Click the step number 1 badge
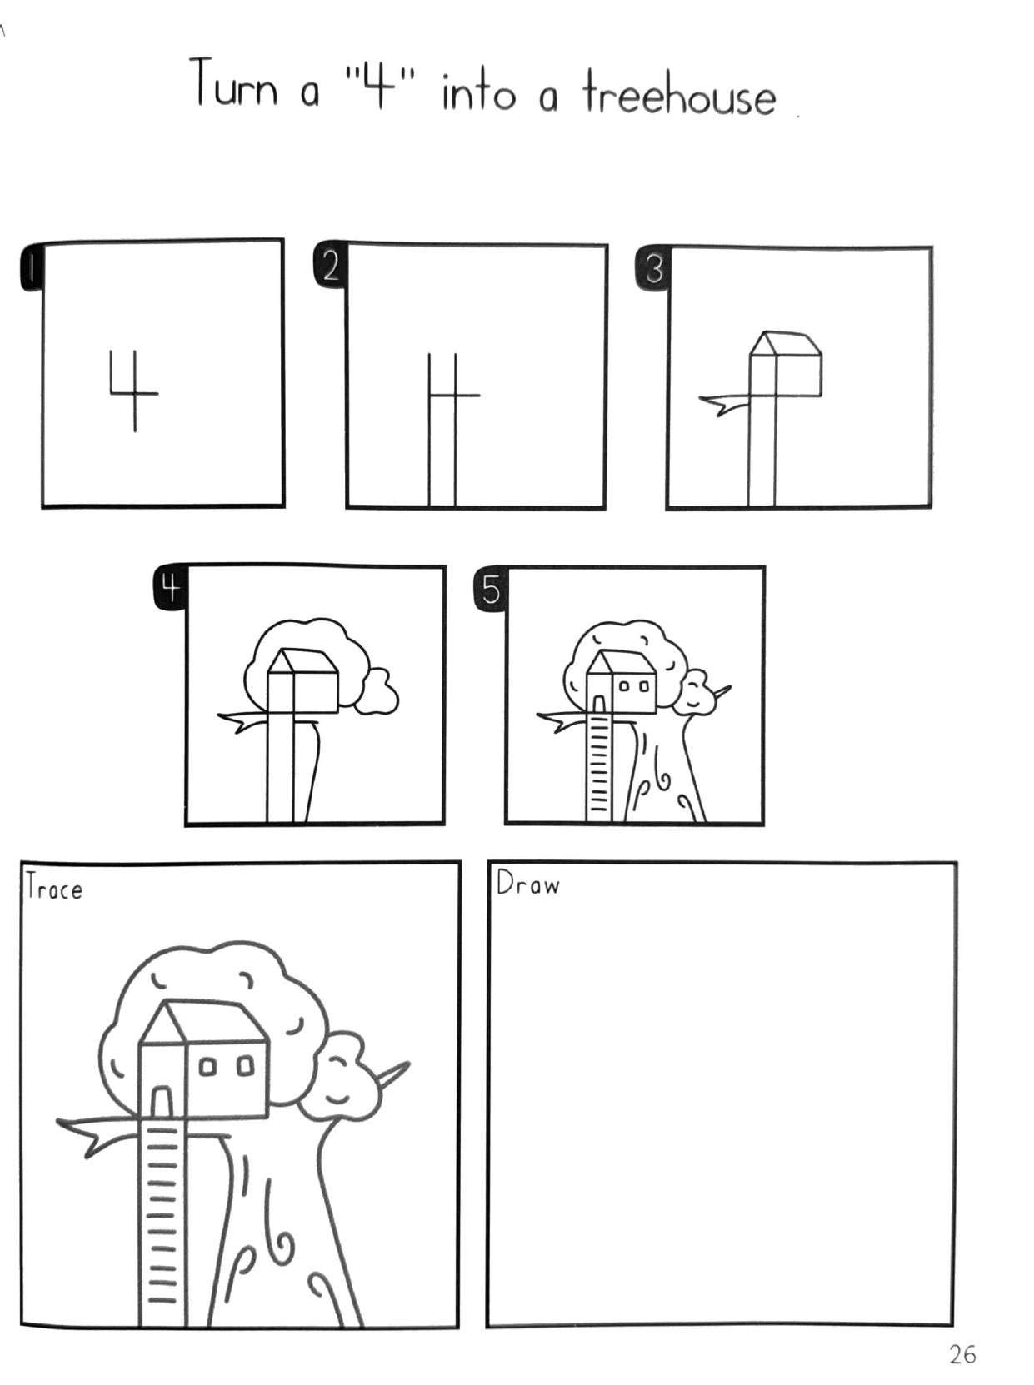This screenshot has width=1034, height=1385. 31,268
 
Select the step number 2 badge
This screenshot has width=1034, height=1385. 330,267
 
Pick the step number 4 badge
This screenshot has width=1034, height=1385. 170,590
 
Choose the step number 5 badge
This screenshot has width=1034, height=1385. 491,590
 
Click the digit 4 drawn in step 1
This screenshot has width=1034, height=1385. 134,391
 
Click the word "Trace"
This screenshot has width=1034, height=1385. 54,889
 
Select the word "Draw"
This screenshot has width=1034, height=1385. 527,884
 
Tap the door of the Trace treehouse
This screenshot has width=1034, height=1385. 162,1102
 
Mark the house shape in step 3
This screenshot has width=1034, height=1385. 785,365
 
